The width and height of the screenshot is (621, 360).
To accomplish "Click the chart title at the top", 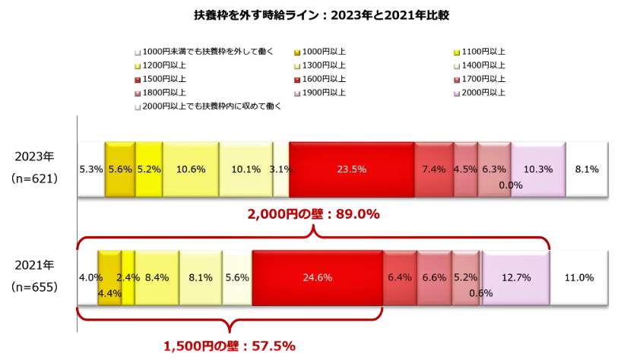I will tap(309, 14).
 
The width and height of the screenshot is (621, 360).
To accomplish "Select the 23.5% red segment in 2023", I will tap(351, 169).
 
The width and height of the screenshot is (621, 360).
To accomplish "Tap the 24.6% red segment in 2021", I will tap(317, 277).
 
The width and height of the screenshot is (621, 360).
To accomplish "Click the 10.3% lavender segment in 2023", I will tap(538, 169).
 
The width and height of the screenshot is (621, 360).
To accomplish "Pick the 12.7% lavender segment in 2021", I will tap(515, 277).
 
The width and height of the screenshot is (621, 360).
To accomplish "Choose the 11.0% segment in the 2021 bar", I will tap(579, 277).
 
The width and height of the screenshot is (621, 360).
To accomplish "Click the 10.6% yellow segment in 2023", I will tap(190, 169).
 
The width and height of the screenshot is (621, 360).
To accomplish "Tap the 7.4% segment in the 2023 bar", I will tap(433, 169).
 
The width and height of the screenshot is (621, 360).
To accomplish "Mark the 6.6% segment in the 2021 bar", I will tap(434, 277).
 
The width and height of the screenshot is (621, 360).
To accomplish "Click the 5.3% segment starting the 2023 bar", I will tap(90, 169).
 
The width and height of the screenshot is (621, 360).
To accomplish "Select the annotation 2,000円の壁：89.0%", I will tap(313, 214).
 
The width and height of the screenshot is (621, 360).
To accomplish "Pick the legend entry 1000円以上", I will tap(323, 51).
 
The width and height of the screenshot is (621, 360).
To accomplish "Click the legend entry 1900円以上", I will tap(323, 92).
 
